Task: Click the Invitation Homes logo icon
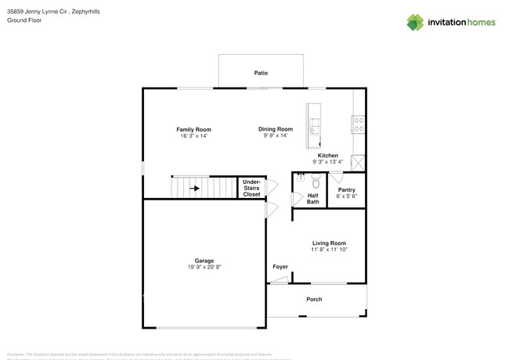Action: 415,22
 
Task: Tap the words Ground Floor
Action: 24,20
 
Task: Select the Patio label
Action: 261,73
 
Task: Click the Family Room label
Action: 193,130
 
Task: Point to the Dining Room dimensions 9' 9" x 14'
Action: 276,136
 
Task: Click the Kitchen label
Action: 327,156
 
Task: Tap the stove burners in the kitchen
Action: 359,122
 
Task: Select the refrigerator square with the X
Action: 358,163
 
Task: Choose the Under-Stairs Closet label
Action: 251,188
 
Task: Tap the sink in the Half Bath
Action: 301,178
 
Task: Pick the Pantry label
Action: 346,190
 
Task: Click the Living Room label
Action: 329,243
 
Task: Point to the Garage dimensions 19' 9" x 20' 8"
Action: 204,268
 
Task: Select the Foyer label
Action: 280,267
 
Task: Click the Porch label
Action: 314,299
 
